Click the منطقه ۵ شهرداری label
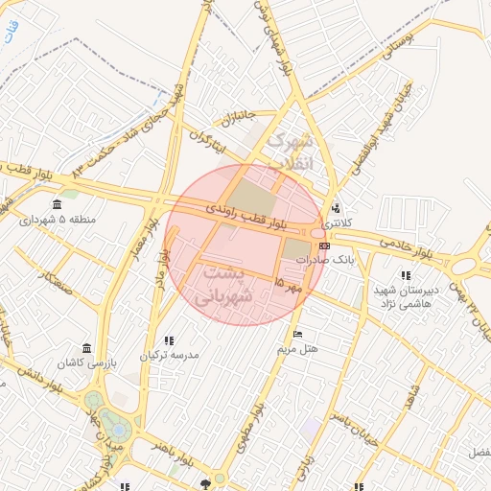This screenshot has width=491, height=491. [58, 220]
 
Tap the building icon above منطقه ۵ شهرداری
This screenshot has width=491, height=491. [58, 204]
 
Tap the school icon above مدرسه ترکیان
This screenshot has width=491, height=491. [169, 339]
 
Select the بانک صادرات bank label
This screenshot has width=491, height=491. [325, 260]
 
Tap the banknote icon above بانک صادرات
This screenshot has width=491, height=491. [324, 245]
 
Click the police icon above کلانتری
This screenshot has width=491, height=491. [335, 207]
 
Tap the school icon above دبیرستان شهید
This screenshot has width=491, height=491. [406, 275]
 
